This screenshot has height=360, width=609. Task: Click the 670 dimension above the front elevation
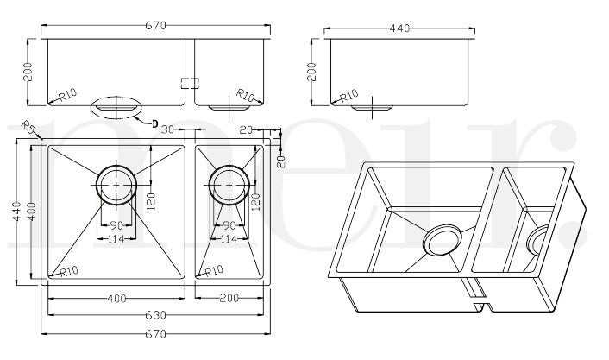click(x=156, y=26)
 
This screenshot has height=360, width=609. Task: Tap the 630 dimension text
click(x=156, y=315)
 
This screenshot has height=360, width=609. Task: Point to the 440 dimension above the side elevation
click(x=399, y=28)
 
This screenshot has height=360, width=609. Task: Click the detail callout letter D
click(x=154, y=124)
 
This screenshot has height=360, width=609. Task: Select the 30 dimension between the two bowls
click(x=169, y=129)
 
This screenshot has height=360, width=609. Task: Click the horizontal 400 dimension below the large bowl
click(x=116, y=299)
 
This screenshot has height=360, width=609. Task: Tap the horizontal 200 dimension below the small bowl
click(x=229, y=299)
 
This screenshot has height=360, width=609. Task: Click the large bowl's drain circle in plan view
click(x=115, y=184)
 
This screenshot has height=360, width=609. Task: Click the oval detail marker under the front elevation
click(x=116, y=109)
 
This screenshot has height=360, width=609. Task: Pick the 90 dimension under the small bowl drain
click(x=229, y=226)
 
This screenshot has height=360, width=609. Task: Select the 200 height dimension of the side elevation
click(x=313, y=71)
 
